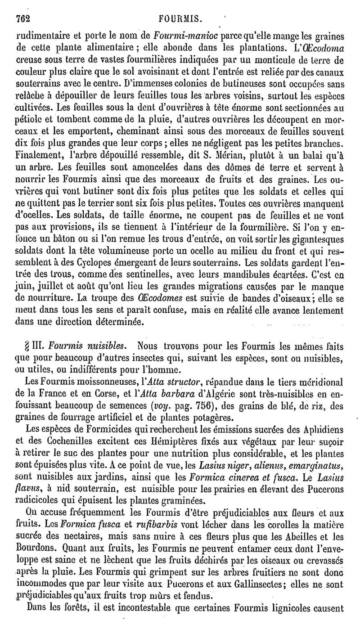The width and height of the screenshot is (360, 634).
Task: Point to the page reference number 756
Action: coord(220,403)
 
